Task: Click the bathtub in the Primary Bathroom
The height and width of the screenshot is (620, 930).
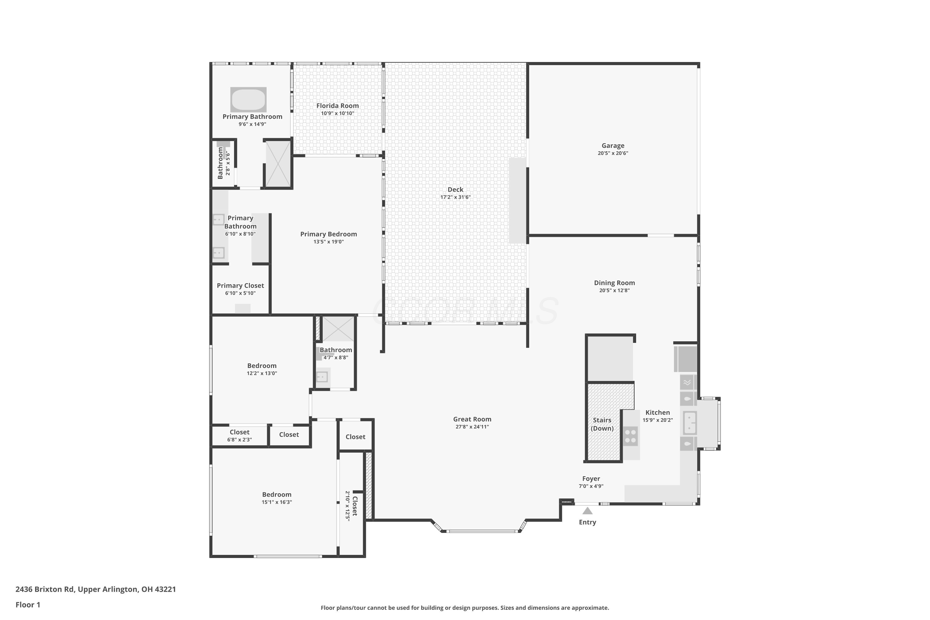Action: (x=248, y=100)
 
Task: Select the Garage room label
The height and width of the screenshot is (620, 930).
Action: (x=613, y=145)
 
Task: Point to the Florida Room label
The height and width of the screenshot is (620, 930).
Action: (x=338, y=106)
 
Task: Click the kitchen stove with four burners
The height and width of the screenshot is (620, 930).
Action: (x=631, y=436)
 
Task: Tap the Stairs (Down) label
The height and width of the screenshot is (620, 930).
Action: (x=602, y=424)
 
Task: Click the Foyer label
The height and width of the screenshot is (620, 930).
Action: (x=591, y=479)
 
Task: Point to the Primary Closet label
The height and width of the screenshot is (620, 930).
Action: (x=241, y=286)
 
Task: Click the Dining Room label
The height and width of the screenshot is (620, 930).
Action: (x=614, y=283)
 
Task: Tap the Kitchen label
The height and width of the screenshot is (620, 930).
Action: (x=658, y=412)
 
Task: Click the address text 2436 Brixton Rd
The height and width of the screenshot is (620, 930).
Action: (x=45, y=589)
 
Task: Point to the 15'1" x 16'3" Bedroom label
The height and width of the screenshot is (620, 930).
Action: (x=277, y=495)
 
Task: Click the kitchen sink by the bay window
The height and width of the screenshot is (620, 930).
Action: (x=690, y=423)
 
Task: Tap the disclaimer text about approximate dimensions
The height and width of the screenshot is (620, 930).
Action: (x=465, y=608)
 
